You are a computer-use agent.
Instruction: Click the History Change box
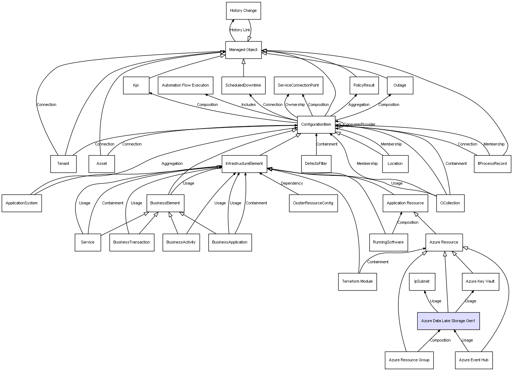point(244,11)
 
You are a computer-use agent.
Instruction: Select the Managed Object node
point(244,50)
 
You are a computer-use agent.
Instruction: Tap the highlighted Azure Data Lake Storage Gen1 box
point(448,321)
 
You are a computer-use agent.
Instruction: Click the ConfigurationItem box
point(316,125)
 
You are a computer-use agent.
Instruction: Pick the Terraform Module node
point(357,282)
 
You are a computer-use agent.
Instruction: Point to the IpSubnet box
point(422,282)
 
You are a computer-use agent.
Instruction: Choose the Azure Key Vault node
point(480,282)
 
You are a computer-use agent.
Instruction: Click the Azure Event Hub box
point(474,360)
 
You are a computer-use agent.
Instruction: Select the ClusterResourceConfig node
point(313,203)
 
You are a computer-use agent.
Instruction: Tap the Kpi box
point(136,85)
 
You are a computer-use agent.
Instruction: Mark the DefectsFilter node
point(316,164)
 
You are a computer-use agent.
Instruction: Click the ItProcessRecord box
point(493,164)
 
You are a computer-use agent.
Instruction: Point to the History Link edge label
point(240,30)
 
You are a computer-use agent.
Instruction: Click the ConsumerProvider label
point(359,124)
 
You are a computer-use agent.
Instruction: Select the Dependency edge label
point(292,183)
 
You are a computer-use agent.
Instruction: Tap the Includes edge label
point(249,105)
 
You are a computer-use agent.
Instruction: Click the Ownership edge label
point(295,105)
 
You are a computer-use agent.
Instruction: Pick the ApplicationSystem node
point(22,203)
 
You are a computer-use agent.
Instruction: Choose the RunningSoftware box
point(388,242)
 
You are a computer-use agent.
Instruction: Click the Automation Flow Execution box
point(185,85)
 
